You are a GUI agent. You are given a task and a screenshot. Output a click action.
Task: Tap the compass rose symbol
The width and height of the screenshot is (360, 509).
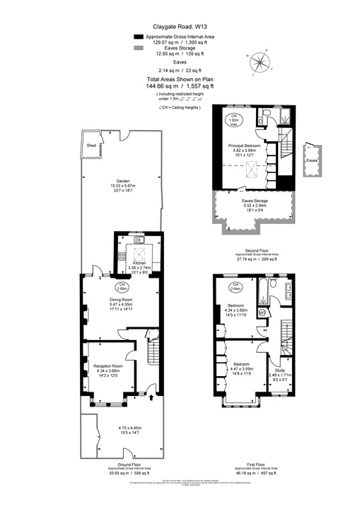[260, 63]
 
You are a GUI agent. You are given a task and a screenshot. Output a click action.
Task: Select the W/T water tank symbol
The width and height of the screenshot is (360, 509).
[262, 311]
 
